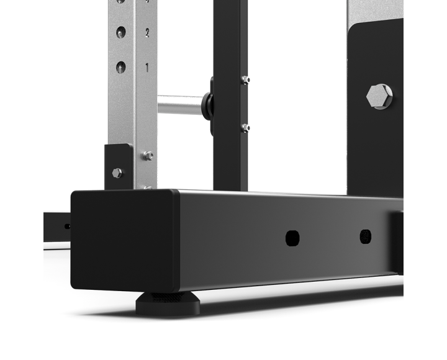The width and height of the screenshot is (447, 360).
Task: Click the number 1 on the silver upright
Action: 147,68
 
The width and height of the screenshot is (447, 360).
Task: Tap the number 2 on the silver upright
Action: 147,33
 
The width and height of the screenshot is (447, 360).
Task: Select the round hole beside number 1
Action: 121,66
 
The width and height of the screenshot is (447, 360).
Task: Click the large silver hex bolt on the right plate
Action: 379,96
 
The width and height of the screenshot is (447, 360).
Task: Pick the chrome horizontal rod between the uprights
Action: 181,105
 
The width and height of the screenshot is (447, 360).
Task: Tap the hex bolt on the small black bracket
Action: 117,173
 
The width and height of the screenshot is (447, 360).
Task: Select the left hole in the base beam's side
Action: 292,238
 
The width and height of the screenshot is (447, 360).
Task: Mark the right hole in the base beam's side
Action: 366,236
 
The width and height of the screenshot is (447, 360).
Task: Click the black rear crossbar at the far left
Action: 56,226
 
